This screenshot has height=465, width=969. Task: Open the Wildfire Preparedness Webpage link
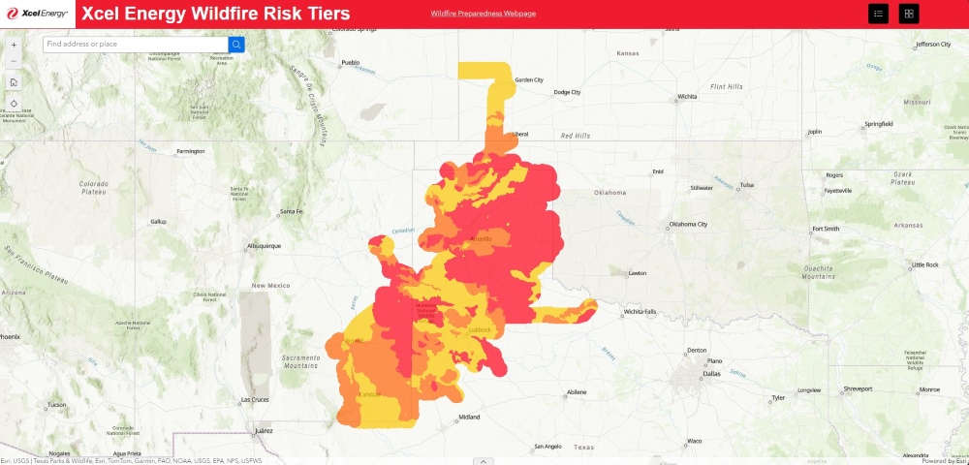point(483,14)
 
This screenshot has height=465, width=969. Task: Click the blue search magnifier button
point(236,44)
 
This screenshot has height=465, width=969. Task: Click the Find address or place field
point(136,44)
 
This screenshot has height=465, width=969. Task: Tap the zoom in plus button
point(14,45)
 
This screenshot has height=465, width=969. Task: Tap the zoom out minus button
point(14,61)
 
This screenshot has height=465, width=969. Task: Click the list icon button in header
point(878,14)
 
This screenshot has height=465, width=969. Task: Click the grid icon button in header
point(909,14)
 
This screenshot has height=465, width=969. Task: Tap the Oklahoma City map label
point(688,225)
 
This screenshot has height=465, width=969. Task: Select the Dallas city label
point(712,373)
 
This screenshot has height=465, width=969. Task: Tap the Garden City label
point(529,80)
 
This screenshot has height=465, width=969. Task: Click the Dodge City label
point(567,93)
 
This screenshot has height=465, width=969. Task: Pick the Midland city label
point(469,418)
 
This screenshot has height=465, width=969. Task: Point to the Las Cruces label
point(254,399)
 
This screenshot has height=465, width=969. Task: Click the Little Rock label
point(925,264)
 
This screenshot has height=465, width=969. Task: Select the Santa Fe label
point(292,211)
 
